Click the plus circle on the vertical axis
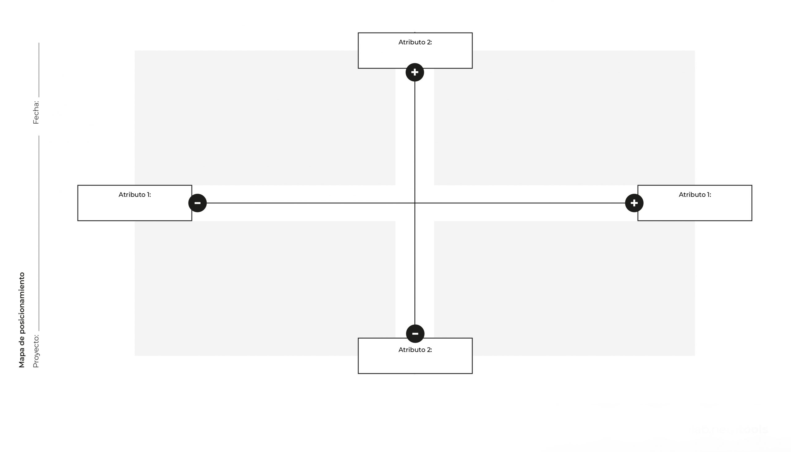pos(415,72)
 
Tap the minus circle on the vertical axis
pos(415,334)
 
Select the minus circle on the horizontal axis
pos(197,203)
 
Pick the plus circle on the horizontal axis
pos(634,203)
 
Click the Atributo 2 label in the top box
pos(415,42)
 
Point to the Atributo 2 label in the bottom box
pos(415,350)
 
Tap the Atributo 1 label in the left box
pos(135,195)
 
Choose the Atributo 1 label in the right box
pos(695,195)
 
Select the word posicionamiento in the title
pos(22,303)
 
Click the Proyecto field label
pos(36,351)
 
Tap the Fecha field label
pos(36,112)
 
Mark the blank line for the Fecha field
pos(39,70)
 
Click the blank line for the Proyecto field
pos(39,233)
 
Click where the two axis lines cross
pos(415,203)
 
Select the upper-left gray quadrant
pos(265,118)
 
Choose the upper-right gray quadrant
pos(565,118)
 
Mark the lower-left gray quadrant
pos(265,288)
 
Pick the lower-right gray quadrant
pos(565,288)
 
